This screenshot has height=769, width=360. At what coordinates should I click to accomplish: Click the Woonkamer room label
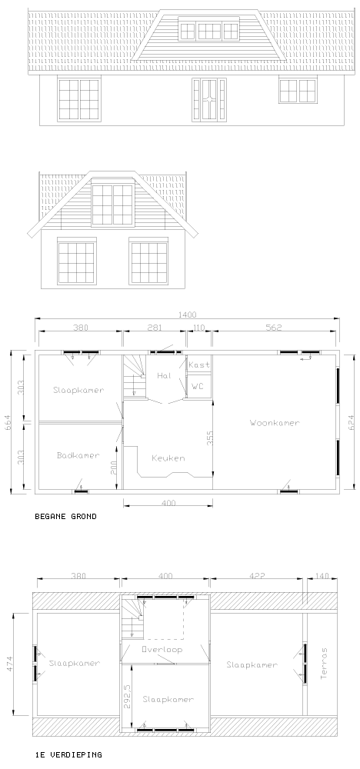(274, 423)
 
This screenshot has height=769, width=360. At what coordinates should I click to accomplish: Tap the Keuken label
(168, 458)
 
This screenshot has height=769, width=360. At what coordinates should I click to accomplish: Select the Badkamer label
(78, 455)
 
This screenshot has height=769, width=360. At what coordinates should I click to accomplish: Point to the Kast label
(199, 365)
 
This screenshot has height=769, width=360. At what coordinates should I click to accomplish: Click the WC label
(197, 387)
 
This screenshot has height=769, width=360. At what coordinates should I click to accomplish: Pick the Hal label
(163, 376)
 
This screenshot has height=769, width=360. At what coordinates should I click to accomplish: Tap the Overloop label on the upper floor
(162, 649)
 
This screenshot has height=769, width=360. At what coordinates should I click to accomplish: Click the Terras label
(324, 663)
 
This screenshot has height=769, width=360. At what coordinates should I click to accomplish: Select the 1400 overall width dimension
(188, 315)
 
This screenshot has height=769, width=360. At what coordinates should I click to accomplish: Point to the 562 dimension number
(274, 328)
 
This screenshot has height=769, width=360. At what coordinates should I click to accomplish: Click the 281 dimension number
(155, 328)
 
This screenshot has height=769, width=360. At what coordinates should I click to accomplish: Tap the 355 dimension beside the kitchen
(210, 438)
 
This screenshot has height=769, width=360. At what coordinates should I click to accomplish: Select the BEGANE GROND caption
(65, 517)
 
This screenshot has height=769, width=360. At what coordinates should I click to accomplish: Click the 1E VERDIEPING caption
(68, 755)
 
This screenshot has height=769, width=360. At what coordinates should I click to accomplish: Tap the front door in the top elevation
(209, 99)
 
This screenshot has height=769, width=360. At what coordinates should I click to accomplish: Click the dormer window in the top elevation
(209, 30)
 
